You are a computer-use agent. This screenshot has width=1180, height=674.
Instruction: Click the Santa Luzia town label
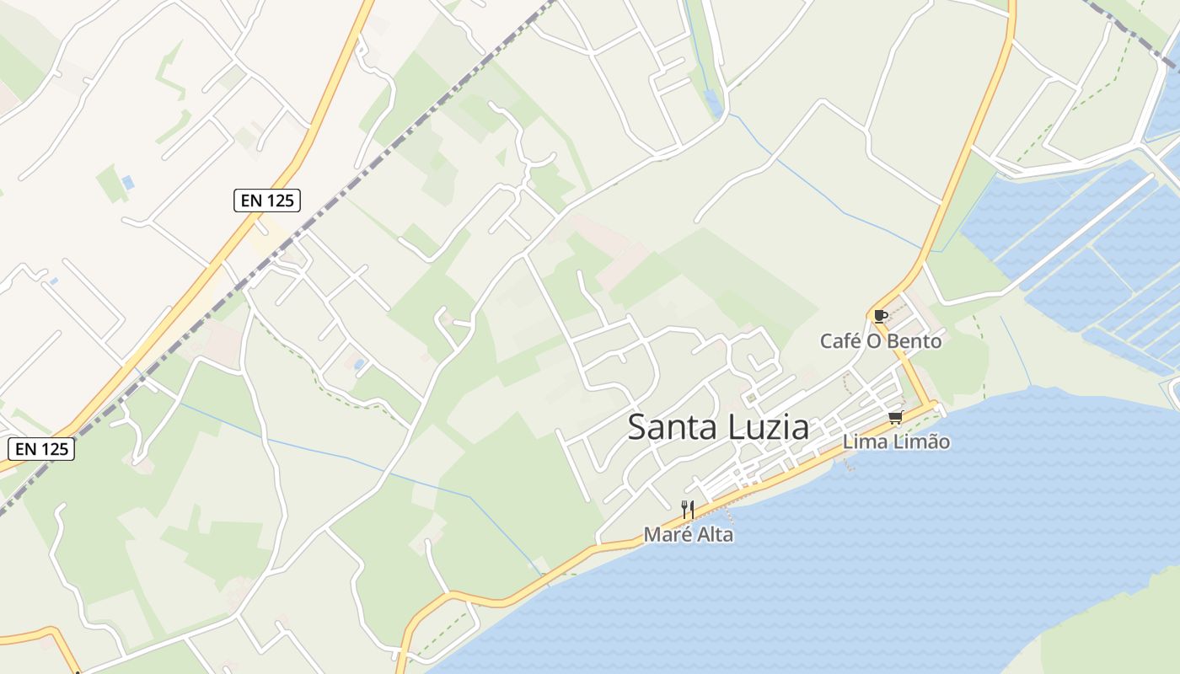718,427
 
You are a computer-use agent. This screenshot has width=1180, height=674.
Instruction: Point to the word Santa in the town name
671,427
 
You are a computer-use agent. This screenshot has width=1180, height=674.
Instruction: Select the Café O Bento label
881,341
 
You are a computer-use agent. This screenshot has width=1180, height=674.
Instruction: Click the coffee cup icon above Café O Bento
880,316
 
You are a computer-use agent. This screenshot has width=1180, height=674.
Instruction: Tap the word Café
842,341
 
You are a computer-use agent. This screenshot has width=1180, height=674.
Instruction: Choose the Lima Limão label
896,442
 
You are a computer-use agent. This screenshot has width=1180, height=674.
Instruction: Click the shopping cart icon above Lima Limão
895,418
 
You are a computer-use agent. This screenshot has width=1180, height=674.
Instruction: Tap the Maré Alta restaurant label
688,535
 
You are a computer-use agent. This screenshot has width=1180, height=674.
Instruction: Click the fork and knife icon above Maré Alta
688,509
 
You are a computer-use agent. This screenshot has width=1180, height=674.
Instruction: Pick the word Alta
715,535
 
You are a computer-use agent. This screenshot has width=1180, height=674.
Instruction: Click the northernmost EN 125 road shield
266,201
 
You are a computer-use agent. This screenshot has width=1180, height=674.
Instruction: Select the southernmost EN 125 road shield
41,449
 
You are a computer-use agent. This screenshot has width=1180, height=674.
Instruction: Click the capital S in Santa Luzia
638,427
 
